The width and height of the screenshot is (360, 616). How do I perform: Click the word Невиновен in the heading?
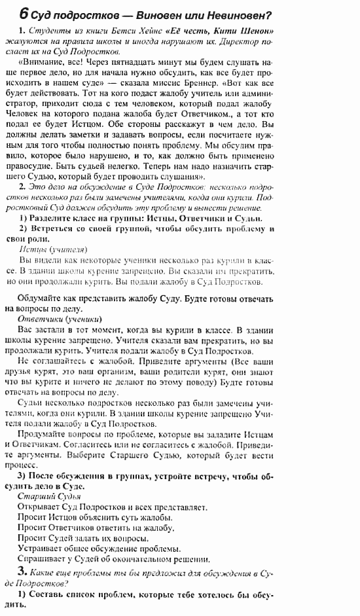[x=237, y=14]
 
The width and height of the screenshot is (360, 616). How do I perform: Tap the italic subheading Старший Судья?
[x=50, y=497]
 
